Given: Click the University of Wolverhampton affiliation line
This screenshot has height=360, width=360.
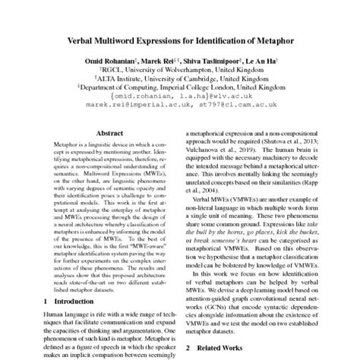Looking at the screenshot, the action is [180, 73].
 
